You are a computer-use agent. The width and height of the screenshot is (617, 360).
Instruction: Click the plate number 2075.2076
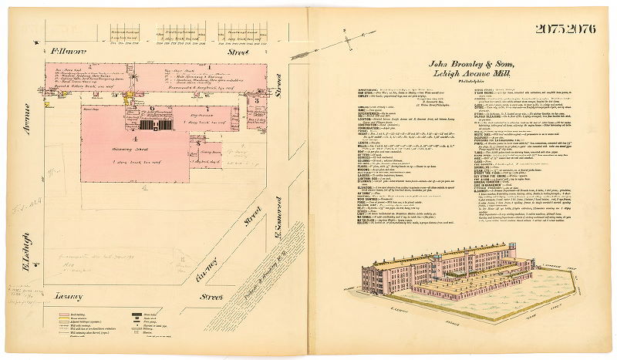pyautogui.click(x=569, y=29)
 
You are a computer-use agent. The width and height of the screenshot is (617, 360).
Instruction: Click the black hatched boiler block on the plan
pyautogui.click(x=164, y=123)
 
